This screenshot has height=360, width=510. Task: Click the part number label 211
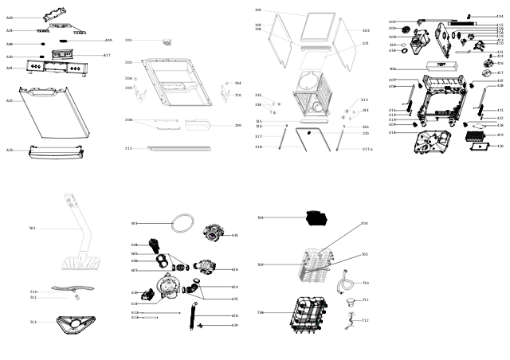(x=128, y=148)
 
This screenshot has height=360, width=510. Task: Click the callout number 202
(x=128, y=62)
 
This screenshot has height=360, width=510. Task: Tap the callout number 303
(x=366, y=31)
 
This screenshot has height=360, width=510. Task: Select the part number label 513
(x=33, y=322)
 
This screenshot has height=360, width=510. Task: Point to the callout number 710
(x=366, y=283)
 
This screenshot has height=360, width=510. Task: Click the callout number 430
(x=500, y=147)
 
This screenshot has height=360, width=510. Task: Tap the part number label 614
(x=235, y=235)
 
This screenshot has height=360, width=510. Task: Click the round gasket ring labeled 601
(x=184, y=224)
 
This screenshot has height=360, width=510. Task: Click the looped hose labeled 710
(x=345, y=283)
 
